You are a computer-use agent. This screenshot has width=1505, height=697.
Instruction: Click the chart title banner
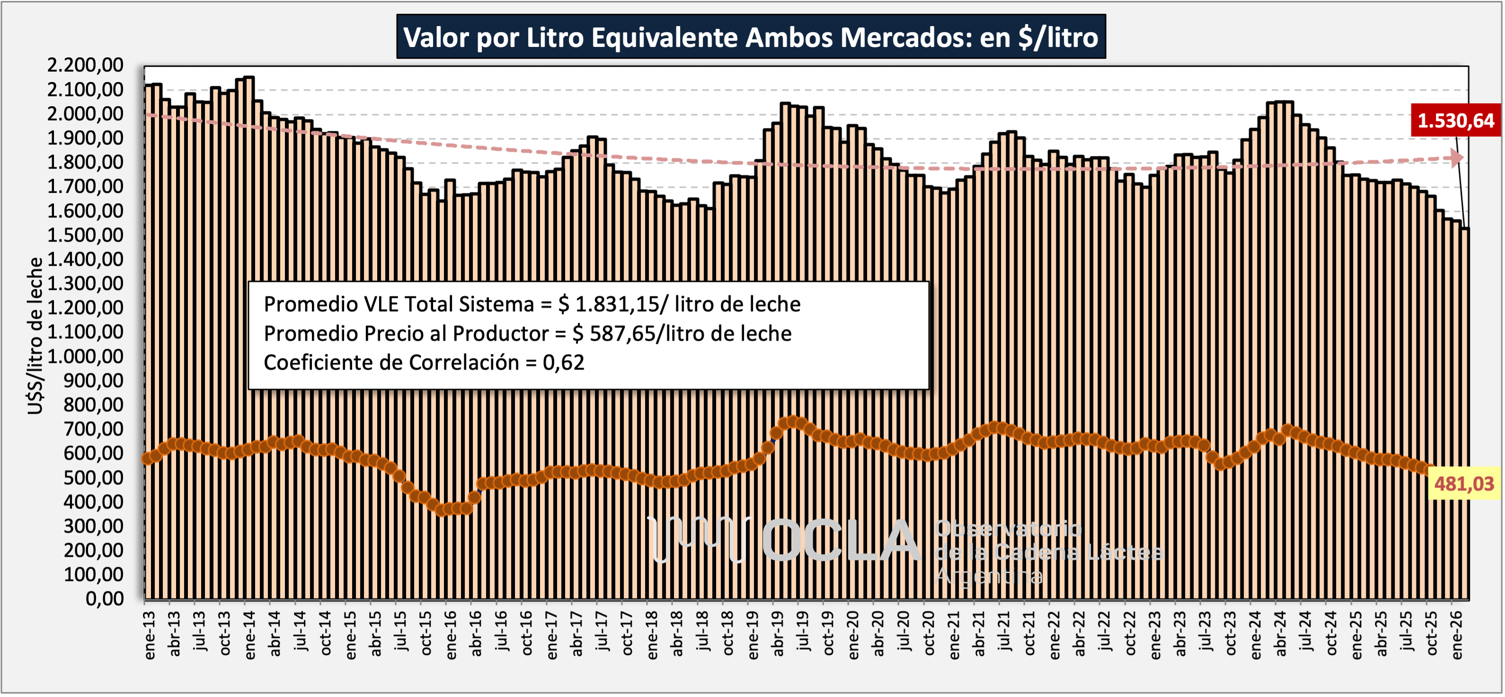pyautogui.click(x=751, y=37)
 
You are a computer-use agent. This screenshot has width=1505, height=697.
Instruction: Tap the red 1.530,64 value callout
pyautogui.click(x=1455, y=120)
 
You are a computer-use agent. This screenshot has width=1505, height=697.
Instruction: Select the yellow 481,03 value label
pyautogui.click(x=1463, y=484)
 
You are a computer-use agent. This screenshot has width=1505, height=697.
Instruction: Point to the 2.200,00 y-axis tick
pyautogui.click(x=85, y=65)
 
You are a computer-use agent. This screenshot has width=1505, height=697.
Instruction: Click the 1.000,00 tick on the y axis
pyautogui.click(x=85, y=356)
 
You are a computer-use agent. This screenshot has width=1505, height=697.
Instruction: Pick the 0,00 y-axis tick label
pyautogui.click(x=105, y=599)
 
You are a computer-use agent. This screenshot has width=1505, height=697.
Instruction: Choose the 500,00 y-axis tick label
pyautogui.click(x=94, y=477)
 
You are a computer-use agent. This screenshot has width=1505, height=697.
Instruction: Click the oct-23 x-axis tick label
pyautogui.click(x=1231, y=634)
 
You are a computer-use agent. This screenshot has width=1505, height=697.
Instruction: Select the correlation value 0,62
pyautogui.click(x=563, y=362)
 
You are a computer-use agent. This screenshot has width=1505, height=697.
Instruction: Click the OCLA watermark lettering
pyautogui.click(x=841, y=541)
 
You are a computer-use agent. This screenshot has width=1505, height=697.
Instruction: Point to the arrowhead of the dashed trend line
pyautogui.click(x=1457, y=157)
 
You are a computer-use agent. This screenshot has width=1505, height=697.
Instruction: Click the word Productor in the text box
pyautogui.click(x=500, y=333)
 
